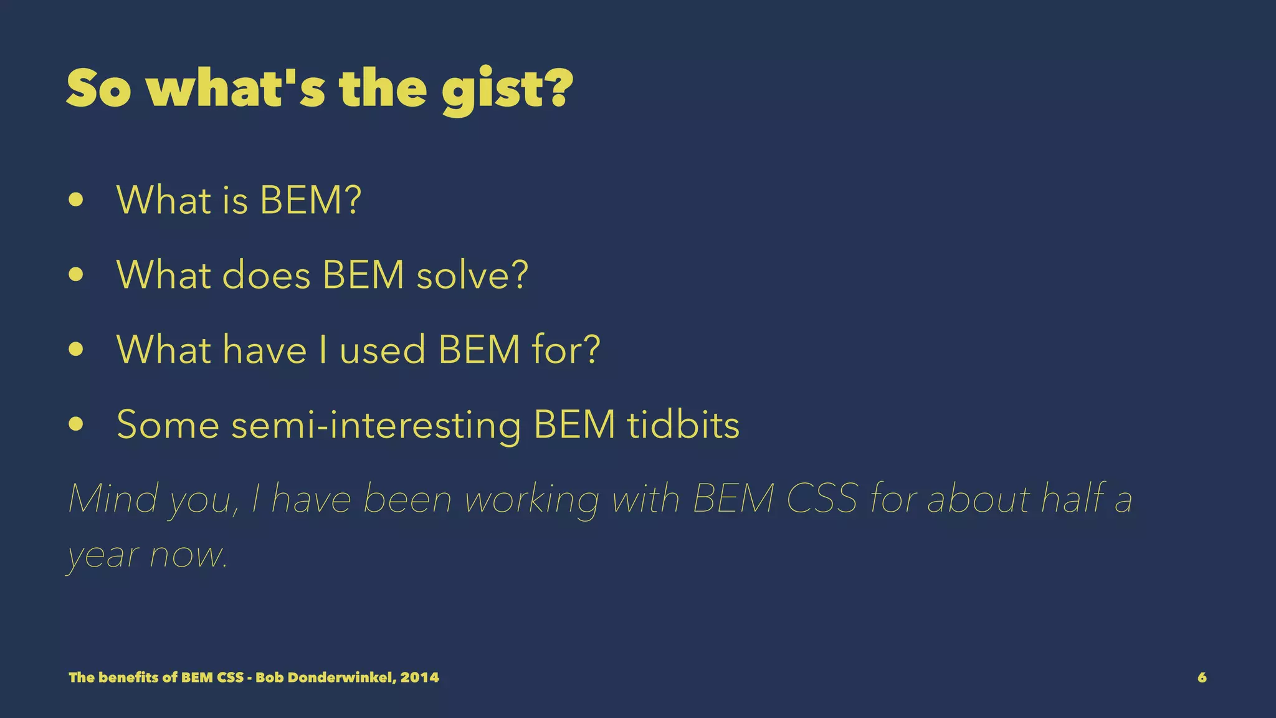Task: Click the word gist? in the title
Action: (507, 90)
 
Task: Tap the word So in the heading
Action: (98, 89)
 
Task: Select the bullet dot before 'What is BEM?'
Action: (76, 200)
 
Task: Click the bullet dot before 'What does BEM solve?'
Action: (76, 275)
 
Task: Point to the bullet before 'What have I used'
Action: (76, 349)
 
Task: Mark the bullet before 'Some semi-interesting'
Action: (76, 424)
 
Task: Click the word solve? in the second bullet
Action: (472, 275)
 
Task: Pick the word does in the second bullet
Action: (266, 275)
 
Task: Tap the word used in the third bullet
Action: (383, 350)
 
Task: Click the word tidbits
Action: (683, 424)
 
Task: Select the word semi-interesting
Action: (376, 426)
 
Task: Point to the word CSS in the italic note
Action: (822, 499)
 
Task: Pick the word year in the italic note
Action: (103, 555)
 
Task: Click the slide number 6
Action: (1202, 677)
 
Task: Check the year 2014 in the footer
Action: (420, 677)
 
